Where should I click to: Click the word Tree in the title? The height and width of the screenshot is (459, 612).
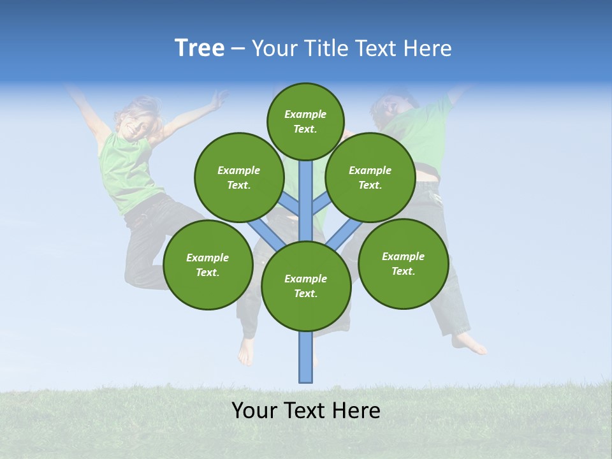tap(200, 48)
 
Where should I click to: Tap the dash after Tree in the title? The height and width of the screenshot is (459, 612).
tap(238, 49)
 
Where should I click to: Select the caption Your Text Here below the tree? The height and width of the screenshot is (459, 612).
tap(306, 411)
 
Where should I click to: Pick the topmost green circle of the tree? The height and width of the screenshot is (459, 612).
tap(305, 122)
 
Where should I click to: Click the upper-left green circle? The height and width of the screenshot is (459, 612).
tap(239, 177)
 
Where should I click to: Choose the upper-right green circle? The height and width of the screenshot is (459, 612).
tap(370, 177)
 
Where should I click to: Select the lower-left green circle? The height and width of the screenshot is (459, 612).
tap(208, 265)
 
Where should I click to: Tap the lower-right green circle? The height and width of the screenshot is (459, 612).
tap(404, 263)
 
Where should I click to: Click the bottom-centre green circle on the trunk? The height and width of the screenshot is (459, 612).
tap(306, 286)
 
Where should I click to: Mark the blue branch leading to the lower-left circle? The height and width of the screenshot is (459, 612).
tap(266, 235)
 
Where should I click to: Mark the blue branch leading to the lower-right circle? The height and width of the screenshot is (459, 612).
tap(344, 235)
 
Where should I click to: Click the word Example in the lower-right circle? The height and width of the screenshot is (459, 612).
tap(403, 256)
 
